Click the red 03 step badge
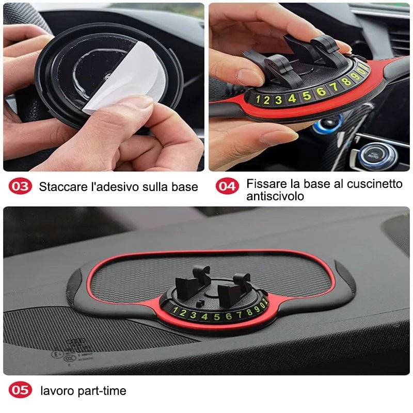coord(20,186)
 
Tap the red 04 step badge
coord(227,186)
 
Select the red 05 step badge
coord(20,391)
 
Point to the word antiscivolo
coord(275,196)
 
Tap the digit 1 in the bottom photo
coord(175,311)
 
